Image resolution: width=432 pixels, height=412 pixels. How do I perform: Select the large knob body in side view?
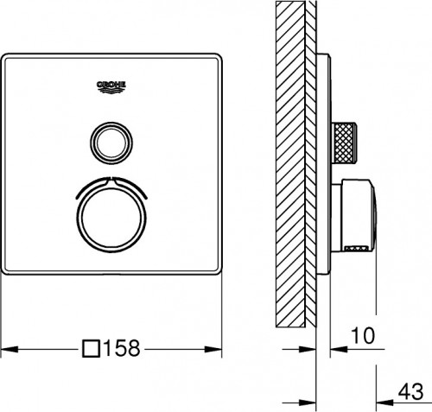[356, 211]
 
